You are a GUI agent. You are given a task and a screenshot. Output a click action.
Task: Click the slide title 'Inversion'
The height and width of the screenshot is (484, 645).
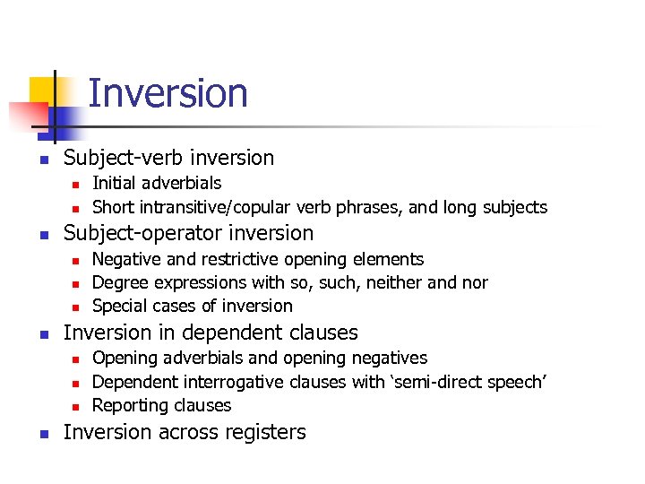tap(168, 94)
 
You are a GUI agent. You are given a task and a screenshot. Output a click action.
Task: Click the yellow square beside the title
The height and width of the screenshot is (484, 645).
tap(42, 90)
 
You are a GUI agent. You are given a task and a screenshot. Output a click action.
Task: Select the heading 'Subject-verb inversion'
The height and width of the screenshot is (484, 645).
tap(168, 158)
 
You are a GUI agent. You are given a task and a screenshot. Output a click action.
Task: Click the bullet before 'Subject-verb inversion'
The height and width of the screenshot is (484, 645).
tap(31, 160)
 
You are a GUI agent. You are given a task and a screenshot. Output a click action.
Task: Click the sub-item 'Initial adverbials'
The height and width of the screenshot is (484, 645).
tap(157, 183)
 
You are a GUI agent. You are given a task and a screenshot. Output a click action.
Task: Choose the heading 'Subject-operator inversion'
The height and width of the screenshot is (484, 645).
tap(188, 233)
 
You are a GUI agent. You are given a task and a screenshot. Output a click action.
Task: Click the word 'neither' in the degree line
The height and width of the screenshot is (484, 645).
tap(391, 282)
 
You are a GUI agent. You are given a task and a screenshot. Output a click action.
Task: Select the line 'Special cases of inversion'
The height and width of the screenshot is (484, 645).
tap(193, 306)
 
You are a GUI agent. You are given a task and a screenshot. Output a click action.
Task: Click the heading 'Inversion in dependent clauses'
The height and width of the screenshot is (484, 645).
tap(211, 333)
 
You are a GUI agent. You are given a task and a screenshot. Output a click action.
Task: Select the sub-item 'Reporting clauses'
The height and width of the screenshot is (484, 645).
tap(162, 405)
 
